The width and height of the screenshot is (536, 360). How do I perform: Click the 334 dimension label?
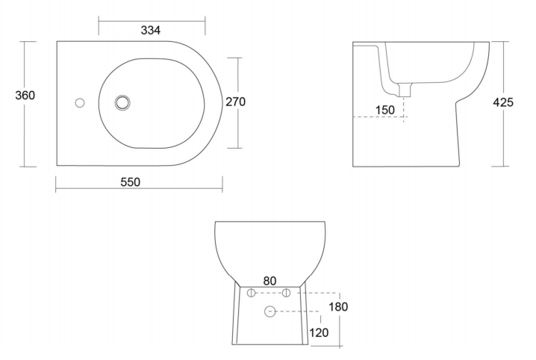pos(150,31)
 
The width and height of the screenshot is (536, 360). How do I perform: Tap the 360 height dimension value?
pos(25,96)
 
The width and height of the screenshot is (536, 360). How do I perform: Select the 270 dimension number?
pos(235,102)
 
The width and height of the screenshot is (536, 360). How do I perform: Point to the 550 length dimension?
pos(131,182)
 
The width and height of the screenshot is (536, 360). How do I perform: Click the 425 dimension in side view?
pos(503,102)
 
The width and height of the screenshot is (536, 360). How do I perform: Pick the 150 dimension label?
pos(385,110)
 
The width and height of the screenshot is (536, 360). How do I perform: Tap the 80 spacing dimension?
pos(269,281)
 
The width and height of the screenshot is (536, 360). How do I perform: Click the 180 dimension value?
pos(338,307)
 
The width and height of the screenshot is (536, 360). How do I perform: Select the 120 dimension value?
pos(319,332)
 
